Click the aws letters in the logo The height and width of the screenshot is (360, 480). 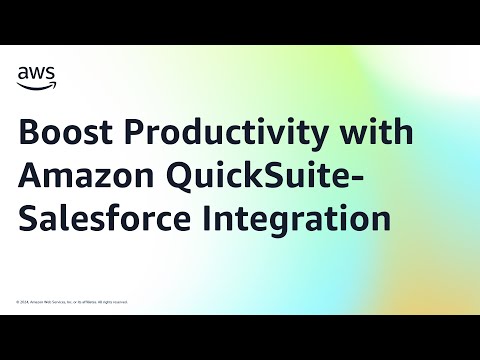[x=36, y=71]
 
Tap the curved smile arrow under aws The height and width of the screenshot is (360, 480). [x=37, y=83]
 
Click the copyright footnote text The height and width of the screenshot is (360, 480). [x=71, y=301]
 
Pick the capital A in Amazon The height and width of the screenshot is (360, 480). [x=30, y=177]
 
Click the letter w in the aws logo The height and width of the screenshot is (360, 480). [x=36, y=71]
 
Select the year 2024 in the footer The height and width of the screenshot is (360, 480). [x=24, y=301]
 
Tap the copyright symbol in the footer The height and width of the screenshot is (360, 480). [x=17, y=301]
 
